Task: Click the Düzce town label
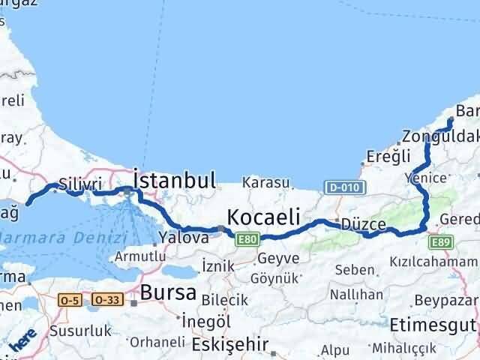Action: coord(363,224)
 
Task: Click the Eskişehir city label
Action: coord(224,347)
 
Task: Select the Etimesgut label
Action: coord(433,326)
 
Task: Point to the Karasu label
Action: coord(266,182)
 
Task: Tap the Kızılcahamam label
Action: coord(433,262)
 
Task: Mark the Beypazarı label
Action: coord(451,298)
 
